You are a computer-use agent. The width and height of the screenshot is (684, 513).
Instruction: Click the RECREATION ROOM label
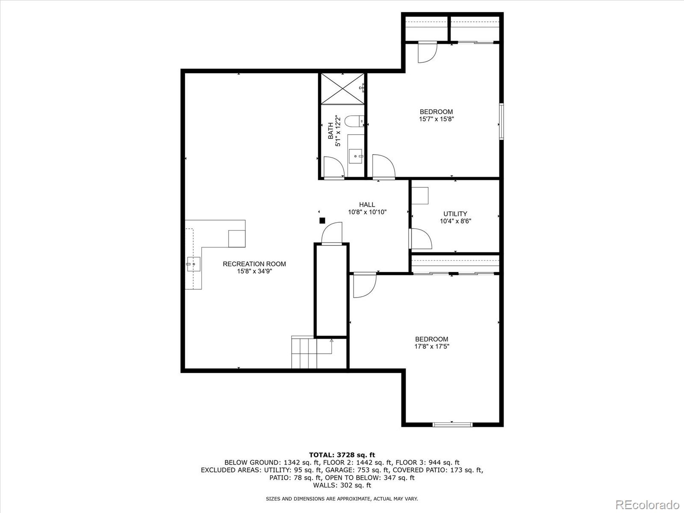254,264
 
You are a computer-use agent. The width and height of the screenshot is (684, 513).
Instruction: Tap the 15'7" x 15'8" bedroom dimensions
436,119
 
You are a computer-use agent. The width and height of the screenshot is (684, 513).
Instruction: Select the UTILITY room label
455,214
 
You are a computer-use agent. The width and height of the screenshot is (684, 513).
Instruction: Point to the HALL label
367,205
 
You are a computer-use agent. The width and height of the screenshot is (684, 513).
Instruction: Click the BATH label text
331,131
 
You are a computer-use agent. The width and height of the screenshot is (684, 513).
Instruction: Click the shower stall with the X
342,88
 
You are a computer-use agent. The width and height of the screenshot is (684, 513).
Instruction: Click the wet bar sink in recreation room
193,264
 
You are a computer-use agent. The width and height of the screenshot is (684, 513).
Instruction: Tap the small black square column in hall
322,221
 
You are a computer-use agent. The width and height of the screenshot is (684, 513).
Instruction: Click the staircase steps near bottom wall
304,353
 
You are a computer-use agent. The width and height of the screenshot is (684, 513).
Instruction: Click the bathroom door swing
333,167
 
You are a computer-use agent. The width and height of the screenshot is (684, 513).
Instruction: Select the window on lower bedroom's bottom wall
452,424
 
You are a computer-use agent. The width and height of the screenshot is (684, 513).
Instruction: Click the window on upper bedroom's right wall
502,121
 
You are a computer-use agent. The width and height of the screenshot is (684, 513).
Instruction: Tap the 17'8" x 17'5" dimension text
431,346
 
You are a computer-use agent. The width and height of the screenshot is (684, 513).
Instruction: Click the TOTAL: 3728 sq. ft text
342,455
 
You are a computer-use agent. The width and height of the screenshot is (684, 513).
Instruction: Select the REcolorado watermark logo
647,504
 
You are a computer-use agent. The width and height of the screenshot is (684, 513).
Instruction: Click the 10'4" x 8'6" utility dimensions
455,221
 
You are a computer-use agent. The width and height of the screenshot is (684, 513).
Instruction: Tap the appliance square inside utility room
421,196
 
